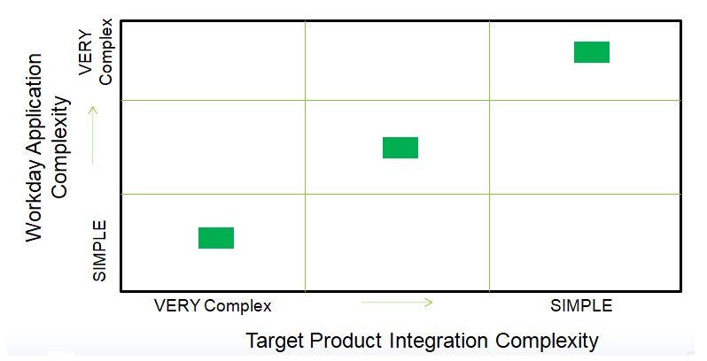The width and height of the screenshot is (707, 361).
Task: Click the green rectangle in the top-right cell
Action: click(592, 52)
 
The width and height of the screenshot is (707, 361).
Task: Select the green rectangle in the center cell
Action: click(400, 148)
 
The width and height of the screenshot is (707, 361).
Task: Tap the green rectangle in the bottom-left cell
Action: click(216, 238)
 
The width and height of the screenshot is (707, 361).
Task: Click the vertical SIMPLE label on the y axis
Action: click(99, 250)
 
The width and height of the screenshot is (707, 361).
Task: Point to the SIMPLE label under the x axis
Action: click(581, 306)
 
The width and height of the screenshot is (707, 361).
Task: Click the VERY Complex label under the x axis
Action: click(213, 306)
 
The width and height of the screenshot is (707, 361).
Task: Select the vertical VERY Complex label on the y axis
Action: click(96, 51)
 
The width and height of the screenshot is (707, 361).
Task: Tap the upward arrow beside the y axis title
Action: click(93, 135)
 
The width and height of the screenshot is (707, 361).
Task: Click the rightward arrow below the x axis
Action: click(397, 303)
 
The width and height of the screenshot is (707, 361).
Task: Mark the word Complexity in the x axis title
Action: click(547, 341)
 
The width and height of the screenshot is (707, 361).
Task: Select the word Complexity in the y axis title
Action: click(60, 148)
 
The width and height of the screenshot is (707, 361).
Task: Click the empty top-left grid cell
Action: click(214, 61)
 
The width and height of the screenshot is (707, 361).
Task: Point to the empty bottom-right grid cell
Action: click(585, 242)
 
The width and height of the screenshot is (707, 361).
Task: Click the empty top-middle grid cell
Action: click(397, 61)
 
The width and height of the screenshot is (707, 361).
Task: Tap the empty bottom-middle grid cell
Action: click(397, 242)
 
